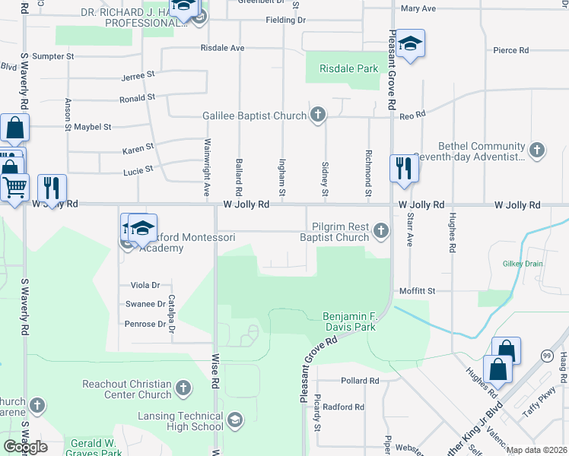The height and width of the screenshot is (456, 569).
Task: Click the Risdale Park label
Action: [x=348, y=68]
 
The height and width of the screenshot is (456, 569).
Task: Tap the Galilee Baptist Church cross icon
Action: [x=319, y=116]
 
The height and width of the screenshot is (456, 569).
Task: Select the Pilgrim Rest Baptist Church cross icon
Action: [x=381, y=232]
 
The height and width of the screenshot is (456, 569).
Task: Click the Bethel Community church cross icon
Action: [x=537, y=150]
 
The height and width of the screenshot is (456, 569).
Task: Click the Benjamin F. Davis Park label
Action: [x=349, y=321]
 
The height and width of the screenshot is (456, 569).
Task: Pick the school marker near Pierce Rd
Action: [x=410, y=43]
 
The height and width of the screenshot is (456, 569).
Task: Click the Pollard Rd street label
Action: [x=360, y=381]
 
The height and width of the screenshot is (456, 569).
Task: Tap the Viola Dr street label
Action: [x=145, y=285]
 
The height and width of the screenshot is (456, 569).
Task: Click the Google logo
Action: [x=25, y=446]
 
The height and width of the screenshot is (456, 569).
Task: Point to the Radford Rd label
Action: [x=343, y=407]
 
